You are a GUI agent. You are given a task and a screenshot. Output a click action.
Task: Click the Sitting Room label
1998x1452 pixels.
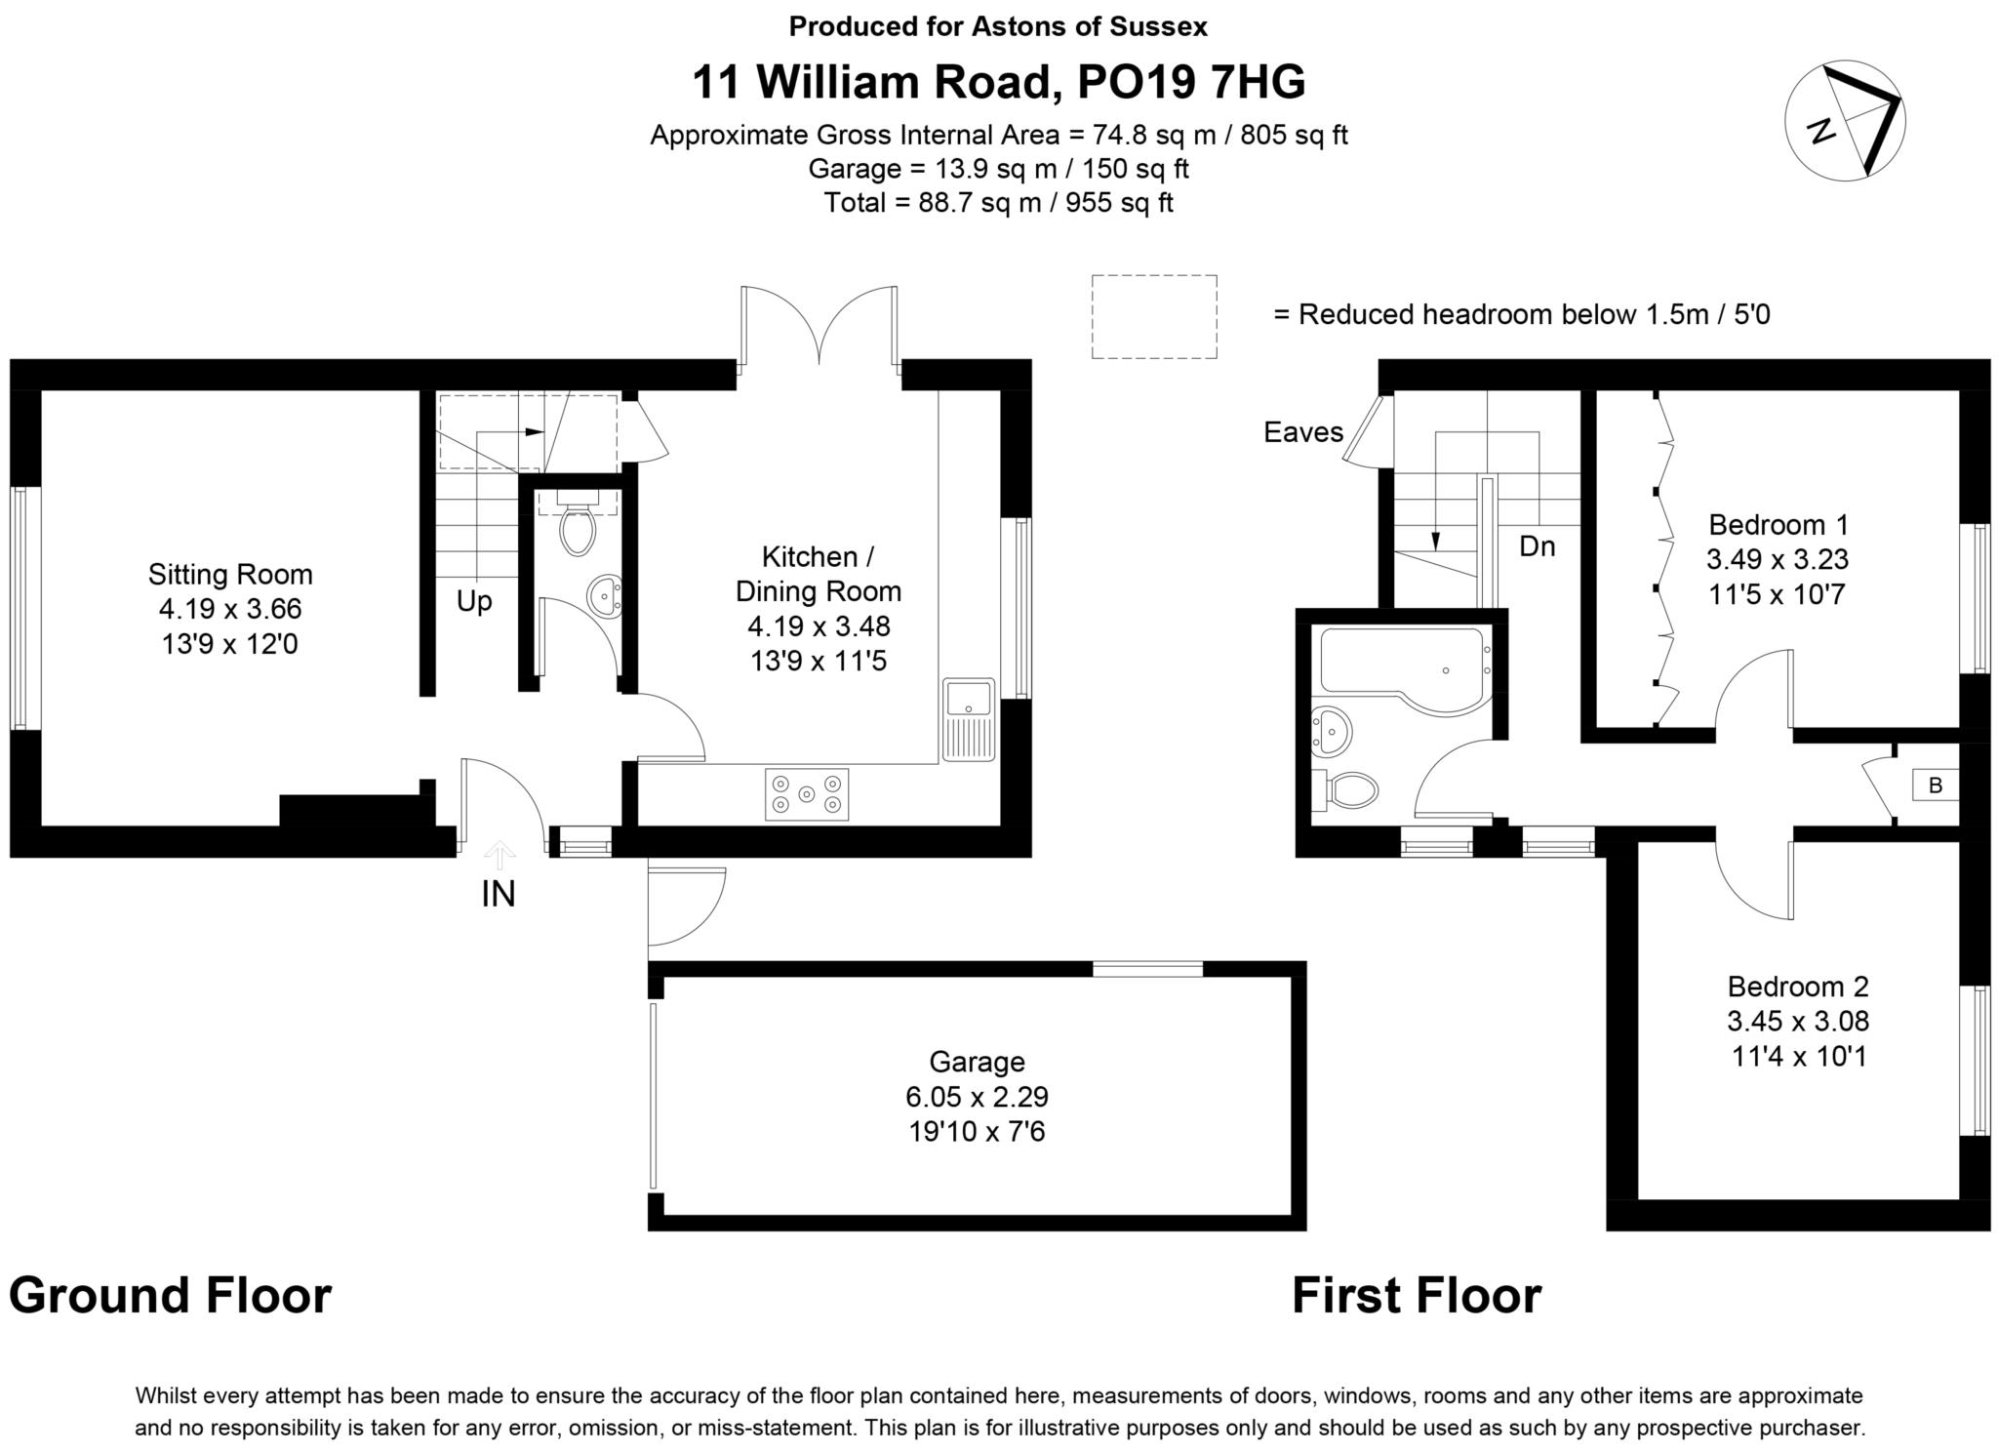(x=230, y=574)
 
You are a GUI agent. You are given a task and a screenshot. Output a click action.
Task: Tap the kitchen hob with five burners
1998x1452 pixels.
(x=806, y=793)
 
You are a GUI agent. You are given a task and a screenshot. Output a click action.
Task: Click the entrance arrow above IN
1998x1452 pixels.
(x=499, y=855)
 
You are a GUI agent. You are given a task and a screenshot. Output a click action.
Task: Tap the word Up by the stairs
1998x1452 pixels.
(x=474, y=601)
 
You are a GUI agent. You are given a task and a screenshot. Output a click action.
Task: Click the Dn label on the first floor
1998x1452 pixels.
(x=1537, y=546)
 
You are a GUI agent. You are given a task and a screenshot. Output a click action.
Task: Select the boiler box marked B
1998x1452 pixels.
(x=1936, y=786)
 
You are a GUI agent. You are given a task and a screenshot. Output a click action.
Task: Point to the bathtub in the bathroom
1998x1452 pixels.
(x=1401, y=661)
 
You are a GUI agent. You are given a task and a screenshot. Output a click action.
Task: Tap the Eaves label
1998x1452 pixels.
(x=1302, y=432)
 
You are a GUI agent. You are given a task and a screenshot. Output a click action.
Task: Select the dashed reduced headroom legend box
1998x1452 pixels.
(x=1153, y=316)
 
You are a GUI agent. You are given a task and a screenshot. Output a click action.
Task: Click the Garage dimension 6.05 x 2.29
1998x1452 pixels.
(x=977, y=1097)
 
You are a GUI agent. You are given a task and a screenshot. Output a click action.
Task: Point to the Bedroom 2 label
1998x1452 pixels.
(x=1798, y=986)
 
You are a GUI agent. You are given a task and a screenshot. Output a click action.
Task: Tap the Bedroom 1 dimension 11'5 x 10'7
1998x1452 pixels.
(x=1778, y=594)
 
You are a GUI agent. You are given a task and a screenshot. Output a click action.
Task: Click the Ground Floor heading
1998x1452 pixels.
(x=171, y=1296)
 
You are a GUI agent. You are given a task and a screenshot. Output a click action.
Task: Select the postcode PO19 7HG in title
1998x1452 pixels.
(x=1190, y=82)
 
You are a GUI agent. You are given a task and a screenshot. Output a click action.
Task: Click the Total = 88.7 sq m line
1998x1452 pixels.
(x=998, y=203)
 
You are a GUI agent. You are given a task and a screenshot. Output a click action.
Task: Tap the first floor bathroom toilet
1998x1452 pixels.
(x=1350, y=789)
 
